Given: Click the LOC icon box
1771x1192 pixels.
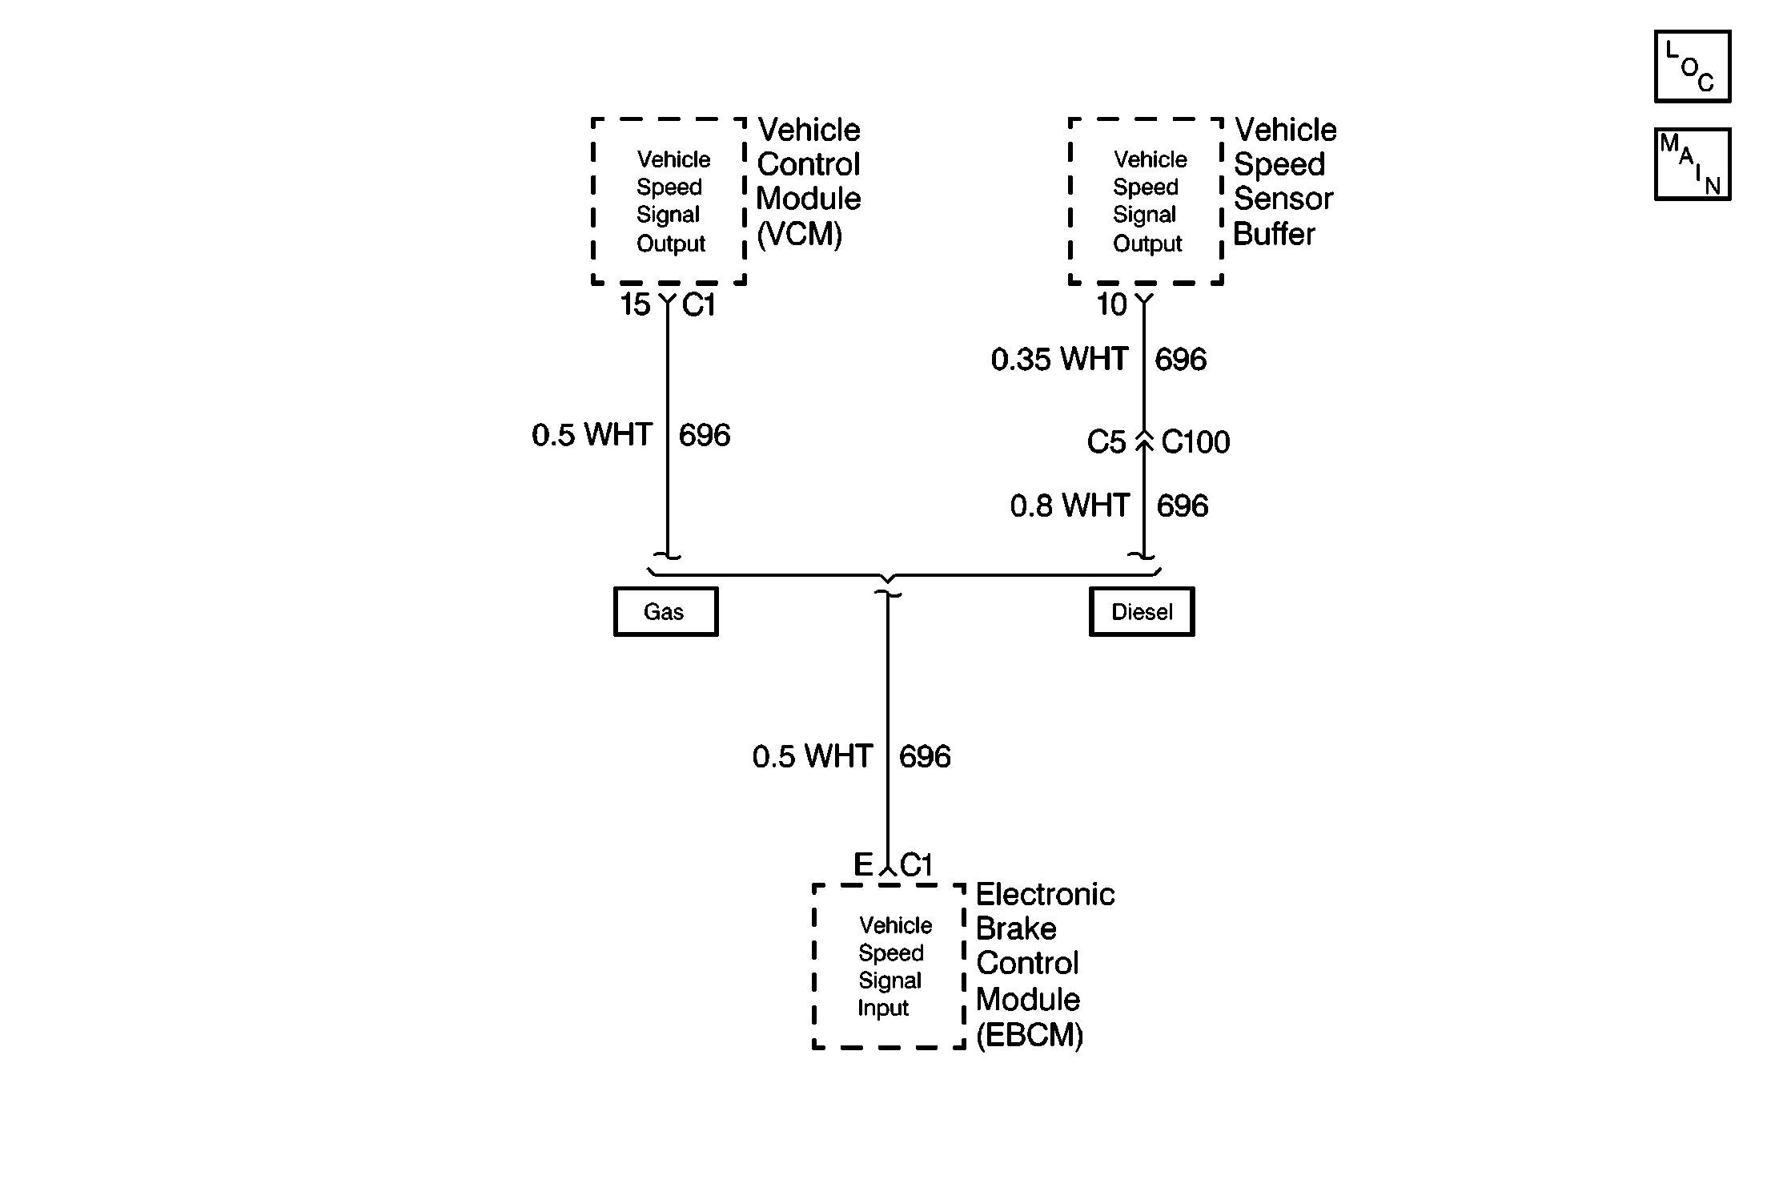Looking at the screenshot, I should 1692,67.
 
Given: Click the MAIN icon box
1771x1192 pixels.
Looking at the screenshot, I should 1692,164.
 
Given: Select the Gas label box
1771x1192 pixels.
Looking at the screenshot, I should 665,612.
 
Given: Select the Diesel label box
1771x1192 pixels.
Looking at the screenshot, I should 1141,612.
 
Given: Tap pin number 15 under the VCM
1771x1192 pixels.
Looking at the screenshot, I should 635,304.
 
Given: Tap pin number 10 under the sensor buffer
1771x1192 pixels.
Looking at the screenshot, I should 1111,304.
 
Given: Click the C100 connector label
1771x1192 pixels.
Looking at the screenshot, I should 1195,442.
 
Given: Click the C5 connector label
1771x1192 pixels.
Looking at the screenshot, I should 1106,442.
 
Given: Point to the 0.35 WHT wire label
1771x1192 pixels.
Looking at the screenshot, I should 1059,360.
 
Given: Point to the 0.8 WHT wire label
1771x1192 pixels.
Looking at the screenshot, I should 1070,506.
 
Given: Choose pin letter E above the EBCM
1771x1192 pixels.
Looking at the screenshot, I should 862,865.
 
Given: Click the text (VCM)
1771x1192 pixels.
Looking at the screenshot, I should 799,235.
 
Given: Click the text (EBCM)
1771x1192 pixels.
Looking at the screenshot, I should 1030,1036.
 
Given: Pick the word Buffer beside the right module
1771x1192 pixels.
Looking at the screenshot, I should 1274,235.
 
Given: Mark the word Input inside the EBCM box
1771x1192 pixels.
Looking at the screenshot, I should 883,1009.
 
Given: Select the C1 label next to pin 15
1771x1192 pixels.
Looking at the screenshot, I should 698,304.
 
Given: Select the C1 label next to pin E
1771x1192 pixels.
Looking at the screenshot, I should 916,865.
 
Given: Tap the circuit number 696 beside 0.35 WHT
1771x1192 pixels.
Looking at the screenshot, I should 1180,360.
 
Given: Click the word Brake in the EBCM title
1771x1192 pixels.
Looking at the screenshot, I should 1016,929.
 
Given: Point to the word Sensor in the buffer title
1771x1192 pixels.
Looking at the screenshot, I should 1283,199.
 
